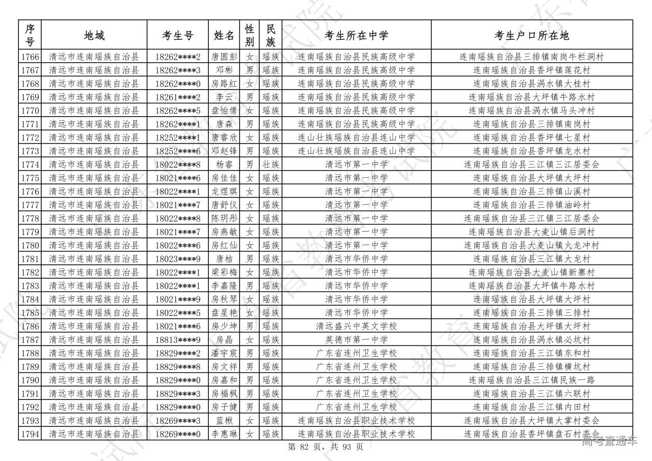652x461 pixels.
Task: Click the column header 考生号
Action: pyautogui.click(x=178, y=35)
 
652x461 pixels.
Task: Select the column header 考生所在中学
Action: pyautogui.click(x=356, y=35)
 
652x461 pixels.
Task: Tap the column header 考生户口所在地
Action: pyautogui.click(x=532, y=35)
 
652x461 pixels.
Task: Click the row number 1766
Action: pyautogui.click(x=30, y=57)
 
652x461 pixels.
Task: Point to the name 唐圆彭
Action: pyautogui.click(x=225, y=57)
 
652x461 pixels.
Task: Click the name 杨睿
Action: pyautogui.click(x=225, y=165)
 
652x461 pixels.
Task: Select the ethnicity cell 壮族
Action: pyautogui.click(x=270, y=165)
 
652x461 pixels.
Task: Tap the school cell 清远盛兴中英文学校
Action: pyautogui.click(x=356, y=326)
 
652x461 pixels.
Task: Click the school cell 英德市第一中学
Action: pyautogui.click(x=356, y=340)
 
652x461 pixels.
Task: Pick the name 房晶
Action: pyautogui.click(x=225, y=340)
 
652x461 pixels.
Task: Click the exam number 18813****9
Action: pyautogui.click(x=178, y=340)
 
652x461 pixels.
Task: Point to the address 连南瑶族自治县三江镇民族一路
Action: pyautogui.click(x=532, y=380)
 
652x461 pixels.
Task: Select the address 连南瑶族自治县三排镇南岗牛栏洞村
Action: pyautogui.click(x=532, y=57)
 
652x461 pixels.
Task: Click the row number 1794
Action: pyautogui.click(x=30, y=434)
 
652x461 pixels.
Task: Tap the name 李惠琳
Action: pyautogui.click(x=225, y=434)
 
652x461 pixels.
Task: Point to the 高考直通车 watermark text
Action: pyautogui.click(x=609, y=441)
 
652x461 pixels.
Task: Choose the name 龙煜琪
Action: pyautogui.click(x=225, y=192)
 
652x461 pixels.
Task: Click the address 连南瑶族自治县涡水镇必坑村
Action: pyautogui.click(x=532, y=340)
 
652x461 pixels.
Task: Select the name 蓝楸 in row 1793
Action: pyautogui.click(x=225, y=421)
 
